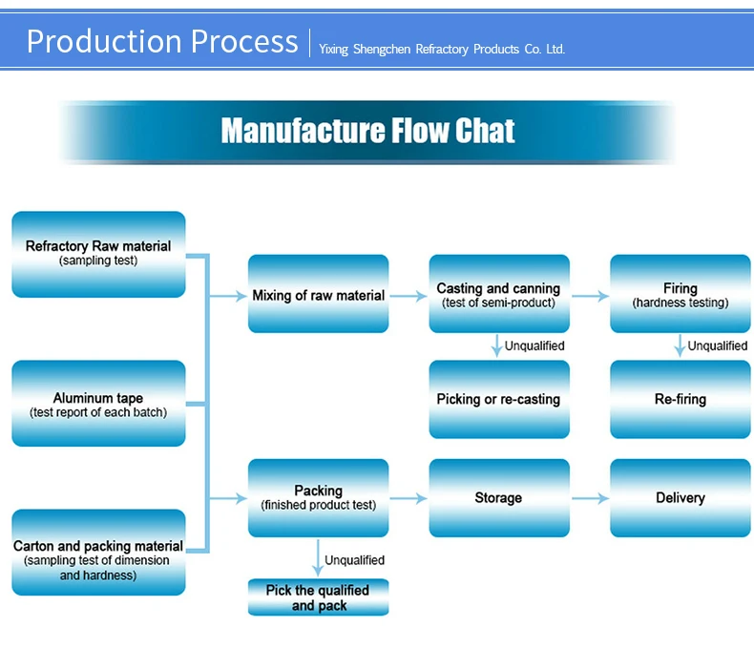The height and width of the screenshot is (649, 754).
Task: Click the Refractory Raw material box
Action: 98,254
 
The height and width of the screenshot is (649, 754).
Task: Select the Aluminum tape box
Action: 98,404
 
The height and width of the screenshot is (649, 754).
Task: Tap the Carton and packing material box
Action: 98,553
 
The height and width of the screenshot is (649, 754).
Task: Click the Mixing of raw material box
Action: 318,294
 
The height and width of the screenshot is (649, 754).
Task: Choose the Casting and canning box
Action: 498,294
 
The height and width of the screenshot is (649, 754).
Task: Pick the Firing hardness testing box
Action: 680,294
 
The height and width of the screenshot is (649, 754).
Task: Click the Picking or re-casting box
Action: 498,399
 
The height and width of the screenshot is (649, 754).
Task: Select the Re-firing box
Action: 680,399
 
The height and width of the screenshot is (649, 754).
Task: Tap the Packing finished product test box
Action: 318,497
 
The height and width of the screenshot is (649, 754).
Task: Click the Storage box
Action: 498,497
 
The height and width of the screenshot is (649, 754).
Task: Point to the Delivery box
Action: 680,497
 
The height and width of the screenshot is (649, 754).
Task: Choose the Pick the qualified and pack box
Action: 318,597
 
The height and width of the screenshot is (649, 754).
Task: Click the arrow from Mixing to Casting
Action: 408,296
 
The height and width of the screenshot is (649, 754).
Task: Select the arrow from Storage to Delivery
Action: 589,498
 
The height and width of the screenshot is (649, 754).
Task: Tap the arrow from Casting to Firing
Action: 589,296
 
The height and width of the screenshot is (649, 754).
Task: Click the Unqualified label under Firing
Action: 717,345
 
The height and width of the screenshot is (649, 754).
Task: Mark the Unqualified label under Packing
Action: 354,560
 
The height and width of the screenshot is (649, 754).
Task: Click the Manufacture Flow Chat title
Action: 367,131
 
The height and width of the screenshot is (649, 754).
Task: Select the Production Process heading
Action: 162,42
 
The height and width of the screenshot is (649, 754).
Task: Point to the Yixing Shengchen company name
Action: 442,49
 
